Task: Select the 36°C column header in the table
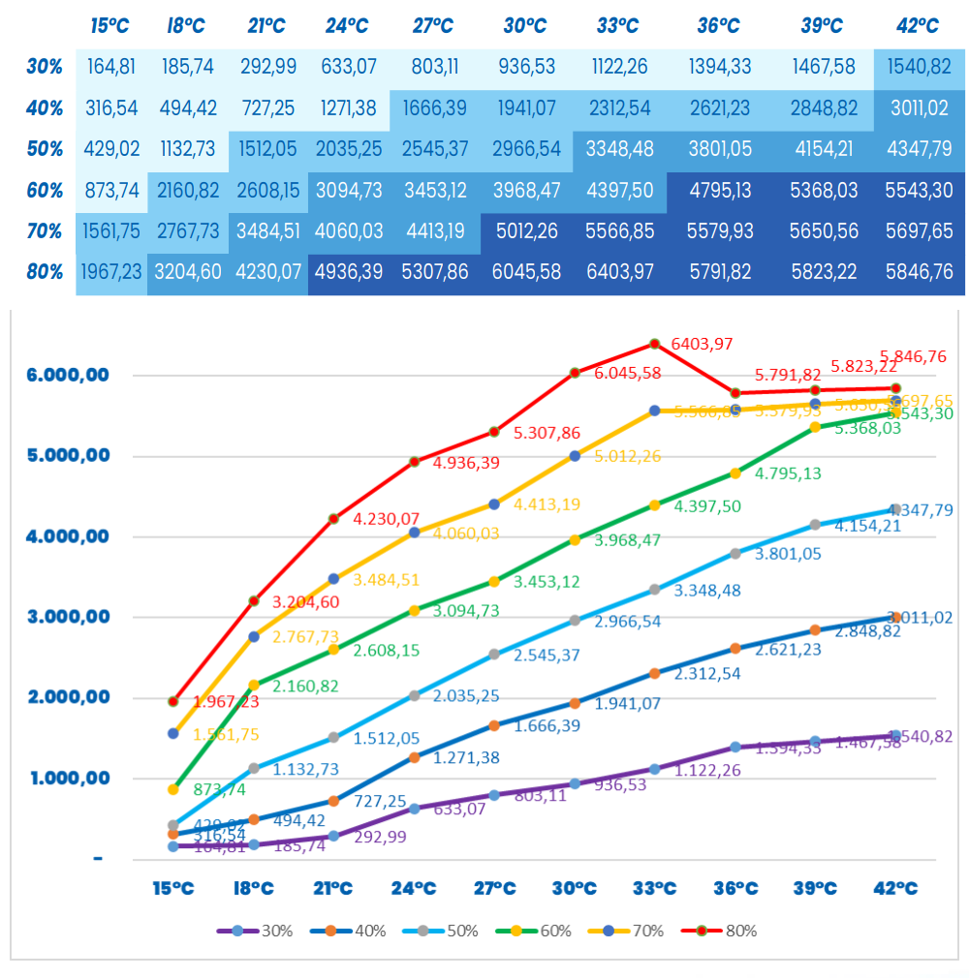(719, 26)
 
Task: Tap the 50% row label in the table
(45, 149)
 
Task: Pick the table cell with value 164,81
(112, 68)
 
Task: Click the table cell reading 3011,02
(917, 108)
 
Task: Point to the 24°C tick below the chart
(414, 887)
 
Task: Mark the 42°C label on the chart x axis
(896, 887)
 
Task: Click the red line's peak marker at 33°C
(654, 343)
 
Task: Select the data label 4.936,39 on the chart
(467, 463)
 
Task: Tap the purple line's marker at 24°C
(414, 809)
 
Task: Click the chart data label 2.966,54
(628, 621)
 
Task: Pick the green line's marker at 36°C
(735, 474)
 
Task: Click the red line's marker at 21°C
(333, 519)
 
